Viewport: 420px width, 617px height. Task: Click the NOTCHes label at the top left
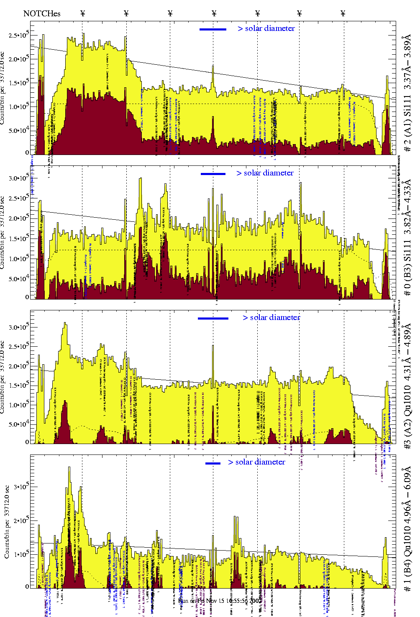point(42,14)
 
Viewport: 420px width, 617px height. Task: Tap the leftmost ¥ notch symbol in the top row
point(82,13)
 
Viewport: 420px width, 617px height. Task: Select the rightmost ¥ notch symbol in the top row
point(343,13)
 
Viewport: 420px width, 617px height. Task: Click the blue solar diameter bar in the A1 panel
point(213,29)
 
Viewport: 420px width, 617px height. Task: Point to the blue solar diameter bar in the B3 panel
point(213,174)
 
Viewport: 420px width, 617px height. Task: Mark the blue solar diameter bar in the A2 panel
point(213,318)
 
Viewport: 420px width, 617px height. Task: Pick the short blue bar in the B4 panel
point(213,463)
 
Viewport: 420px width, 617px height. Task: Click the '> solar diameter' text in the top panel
point(266,28)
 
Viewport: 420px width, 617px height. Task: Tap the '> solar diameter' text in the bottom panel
point(256,462)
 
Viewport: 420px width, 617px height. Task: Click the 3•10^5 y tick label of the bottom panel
point(20,487)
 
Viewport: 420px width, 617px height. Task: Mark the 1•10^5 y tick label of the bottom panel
point(20,554)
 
